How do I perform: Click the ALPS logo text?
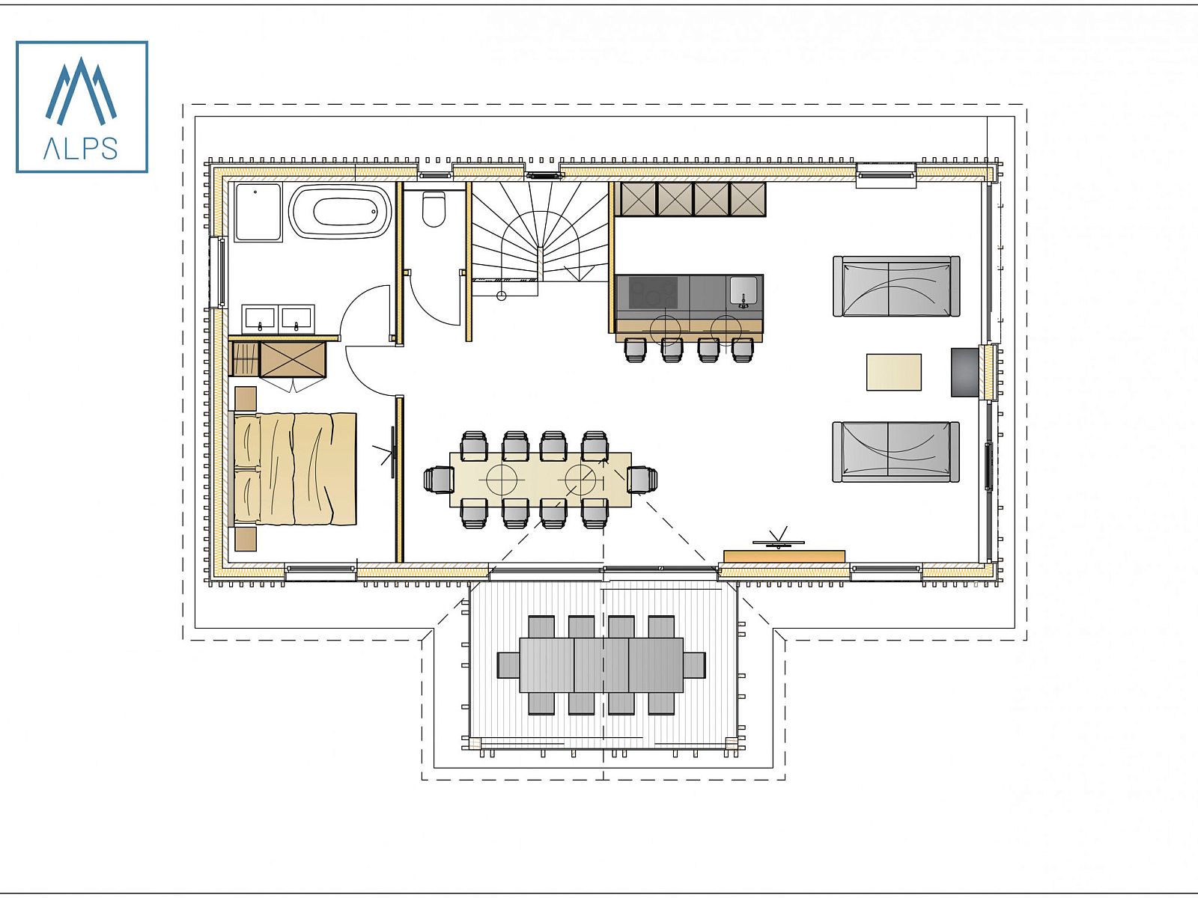point(81,148)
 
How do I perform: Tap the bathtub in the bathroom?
point(341,212)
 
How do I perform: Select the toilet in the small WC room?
point(434,209)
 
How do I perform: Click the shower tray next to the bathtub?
point(258,212)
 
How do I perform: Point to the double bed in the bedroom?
point(295,469)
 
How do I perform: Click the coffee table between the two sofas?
point(894,372)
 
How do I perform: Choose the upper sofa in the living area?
point(896,287)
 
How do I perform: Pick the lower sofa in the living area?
point(896,451)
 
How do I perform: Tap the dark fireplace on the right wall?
point(964,372)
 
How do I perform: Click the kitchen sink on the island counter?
point(744,290)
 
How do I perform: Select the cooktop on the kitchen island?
point(654,293)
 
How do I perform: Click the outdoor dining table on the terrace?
point(601,665)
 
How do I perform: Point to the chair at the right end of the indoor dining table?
point(642,480)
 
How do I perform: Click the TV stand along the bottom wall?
point(784,556)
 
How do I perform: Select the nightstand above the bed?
point(245,399)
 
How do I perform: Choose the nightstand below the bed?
point(245,539)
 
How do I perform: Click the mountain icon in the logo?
point(82,91)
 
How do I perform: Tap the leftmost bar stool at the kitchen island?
point(635,349)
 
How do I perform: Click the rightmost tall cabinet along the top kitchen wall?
point(748,199)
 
